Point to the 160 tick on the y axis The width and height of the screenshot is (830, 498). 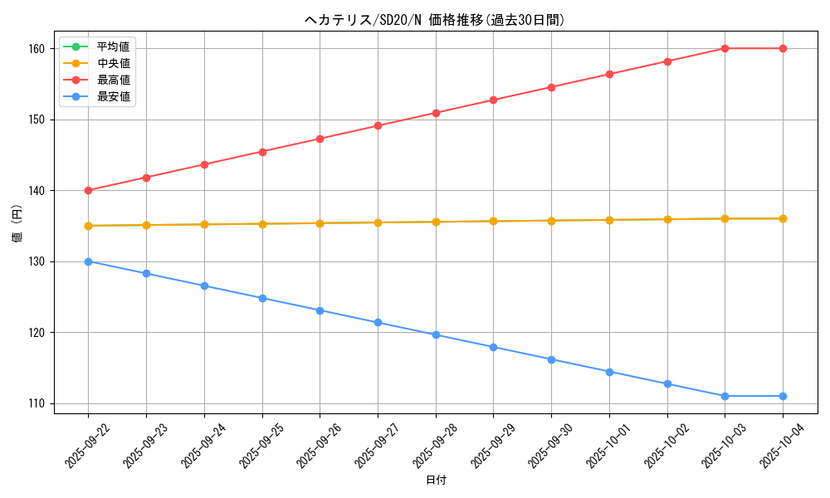click(40, 49)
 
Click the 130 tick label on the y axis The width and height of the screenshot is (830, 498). click(40, 261)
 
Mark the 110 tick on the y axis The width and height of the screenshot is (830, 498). click(40, 403)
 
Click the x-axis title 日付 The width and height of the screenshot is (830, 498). click(435, 481)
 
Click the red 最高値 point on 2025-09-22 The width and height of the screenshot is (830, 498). click(88, 190)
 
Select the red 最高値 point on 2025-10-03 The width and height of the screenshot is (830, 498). click(725, 48)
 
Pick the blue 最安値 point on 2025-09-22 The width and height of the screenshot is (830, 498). click(88, 261)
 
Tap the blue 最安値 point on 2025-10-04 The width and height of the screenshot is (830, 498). click(783, 396)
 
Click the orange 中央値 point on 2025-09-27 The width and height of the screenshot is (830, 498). click(378, 222)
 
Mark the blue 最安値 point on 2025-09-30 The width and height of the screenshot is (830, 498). click(551, 359)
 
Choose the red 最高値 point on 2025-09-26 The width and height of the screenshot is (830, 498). click(320, 139)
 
